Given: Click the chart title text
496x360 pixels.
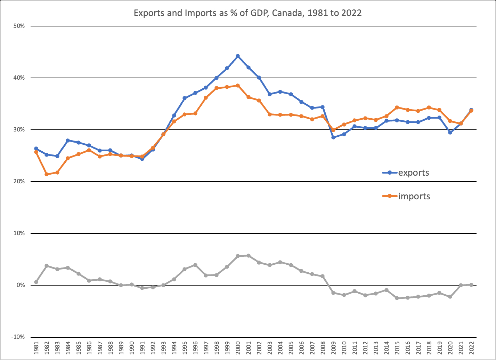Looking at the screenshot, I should coord(248,13).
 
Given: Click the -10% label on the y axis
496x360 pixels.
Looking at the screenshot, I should coord(18,337).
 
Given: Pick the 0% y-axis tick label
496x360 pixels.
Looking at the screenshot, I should coord(20,285).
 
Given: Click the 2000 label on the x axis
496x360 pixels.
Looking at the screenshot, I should coord(238,349).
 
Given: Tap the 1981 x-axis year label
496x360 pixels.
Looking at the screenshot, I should coord(36,349).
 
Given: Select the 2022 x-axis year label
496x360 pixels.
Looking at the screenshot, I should coord(472,349).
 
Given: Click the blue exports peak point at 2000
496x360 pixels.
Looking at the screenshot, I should coord(238,56).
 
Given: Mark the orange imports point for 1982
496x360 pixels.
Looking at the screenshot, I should coord(47,174).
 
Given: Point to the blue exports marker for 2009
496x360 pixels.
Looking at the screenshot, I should coord(333,137).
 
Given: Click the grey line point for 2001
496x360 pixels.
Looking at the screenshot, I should coord(249,256).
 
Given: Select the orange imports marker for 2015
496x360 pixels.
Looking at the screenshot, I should coord(397,107).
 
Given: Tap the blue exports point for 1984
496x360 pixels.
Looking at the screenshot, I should coord(68,141).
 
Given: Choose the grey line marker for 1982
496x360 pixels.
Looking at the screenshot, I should coord(47,266).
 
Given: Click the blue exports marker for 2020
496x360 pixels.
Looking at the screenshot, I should coord(450,133).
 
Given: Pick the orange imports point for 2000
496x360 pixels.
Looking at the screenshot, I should coord(238,86).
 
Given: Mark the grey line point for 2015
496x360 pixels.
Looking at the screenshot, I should coord(397,298).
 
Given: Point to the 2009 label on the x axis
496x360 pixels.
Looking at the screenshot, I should coord(334,349).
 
